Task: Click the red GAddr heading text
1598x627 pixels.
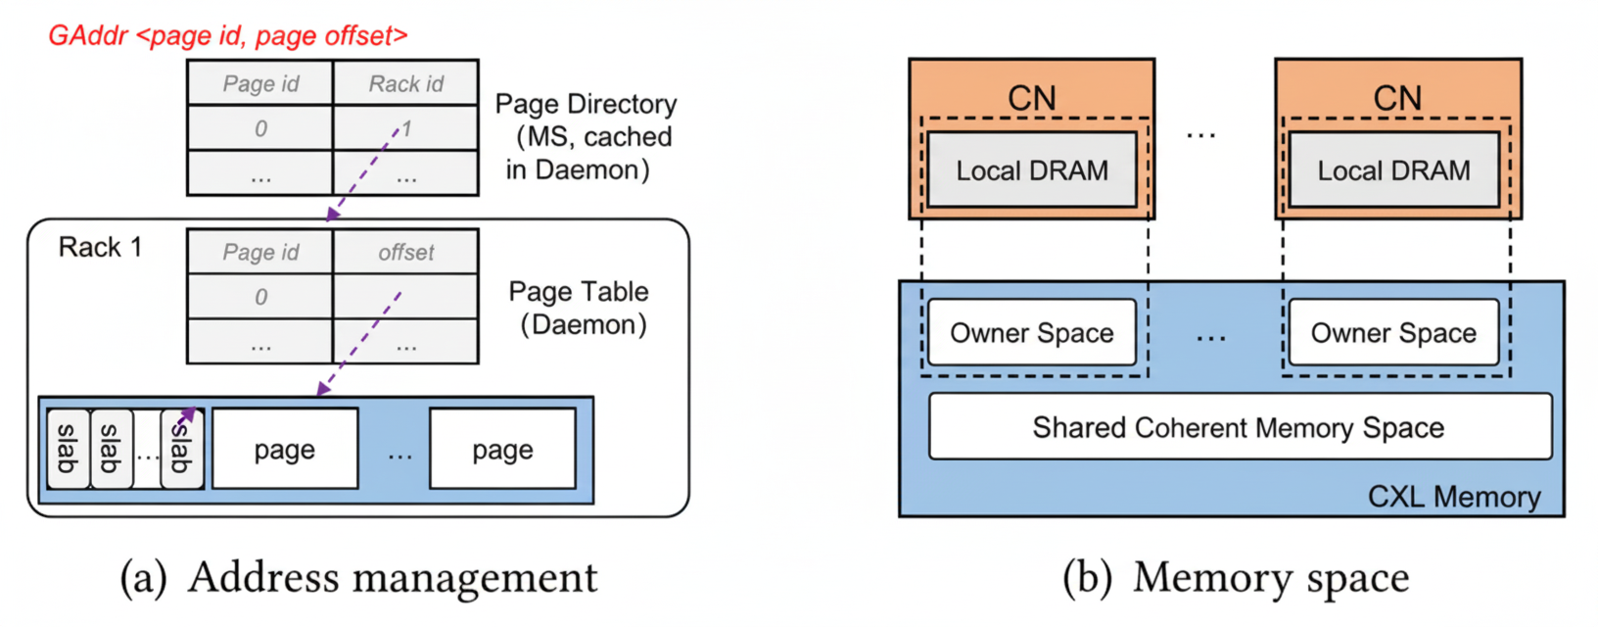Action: click(227, 36)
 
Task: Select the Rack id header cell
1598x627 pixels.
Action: click(405, 84)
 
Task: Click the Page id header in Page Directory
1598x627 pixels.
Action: click(260, 84)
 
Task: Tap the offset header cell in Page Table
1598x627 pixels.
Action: click(405, 253)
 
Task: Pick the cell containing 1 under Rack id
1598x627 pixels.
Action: click(405, 128)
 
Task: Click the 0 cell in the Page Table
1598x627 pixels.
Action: click(260, 297)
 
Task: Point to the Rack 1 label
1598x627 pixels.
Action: click(100, 247)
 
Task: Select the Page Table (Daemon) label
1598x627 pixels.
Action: click(580, 308)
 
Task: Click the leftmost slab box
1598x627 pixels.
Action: click(68, 449)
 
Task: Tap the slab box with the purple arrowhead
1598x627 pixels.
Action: click(182, 449)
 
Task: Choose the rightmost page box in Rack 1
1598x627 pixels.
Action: click(502, 450)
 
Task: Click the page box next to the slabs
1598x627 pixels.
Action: click(285, 450)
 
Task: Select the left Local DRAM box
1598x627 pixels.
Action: click(1031, 170)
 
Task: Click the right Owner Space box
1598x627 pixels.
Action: click(1392, 333)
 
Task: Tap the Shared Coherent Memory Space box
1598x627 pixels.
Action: click(1239, 427)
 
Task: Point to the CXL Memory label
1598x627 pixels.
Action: click(1453, 497)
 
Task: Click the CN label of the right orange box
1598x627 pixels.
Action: click(1396, 98)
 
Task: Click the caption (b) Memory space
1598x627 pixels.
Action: click(1236, 578)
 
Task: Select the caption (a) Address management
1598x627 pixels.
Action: click(358, 578)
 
